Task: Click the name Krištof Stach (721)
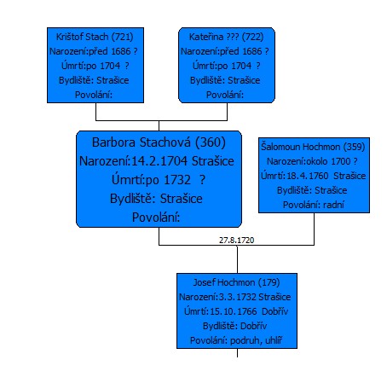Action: [95, 37]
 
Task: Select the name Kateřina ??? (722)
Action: [226, 37]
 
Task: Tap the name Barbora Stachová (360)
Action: [159, 142]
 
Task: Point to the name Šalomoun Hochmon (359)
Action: [313, 147]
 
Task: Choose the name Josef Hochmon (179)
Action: [236, 282]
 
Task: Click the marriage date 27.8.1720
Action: [236, 241]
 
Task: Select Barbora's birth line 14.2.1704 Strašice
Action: [157, 161]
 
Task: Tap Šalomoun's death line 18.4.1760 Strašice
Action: [313, 176]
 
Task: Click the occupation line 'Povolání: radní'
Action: [314, 205]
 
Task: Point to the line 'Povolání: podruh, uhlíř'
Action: [236, 340]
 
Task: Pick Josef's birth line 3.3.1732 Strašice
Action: [235, 297]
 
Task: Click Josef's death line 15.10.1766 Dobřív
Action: [236, 311]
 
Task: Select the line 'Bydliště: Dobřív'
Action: [234, 326]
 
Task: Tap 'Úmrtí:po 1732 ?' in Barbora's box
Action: [159, 180]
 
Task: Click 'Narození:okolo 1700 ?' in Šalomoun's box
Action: [312, 161]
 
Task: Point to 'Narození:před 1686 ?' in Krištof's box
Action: [94, 51]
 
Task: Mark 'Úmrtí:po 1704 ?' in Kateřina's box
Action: [226, 66]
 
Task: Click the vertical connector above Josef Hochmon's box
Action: [237, 259]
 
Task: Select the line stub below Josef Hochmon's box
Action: [237, 353]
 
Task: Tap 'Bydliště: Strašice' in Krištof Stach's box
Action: [94, 80]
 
